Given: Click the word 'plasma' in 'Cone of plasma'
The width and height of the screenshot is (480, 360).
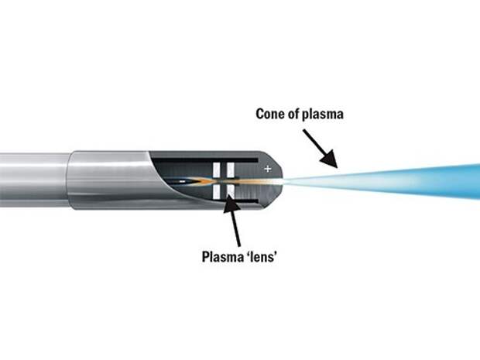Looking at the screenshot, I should (x=324, y=114).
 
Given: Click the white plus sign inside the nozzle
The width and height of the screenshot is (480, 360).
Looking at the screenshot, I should (x=268, y=168).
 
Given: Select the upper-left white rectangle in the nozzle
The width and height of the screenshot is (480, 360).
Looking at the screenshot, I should (x=218, y=169).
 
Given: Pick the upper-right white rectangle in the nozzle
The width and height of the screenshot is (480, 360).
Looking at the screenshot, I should (x=230, y=169).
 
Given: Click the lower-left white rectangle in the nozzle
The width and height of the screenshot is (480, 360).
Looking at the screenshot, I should (x=218, y=194).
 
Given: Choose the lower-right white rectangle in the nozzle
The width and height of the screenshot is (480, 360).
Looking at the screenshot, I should (x=230, y=194).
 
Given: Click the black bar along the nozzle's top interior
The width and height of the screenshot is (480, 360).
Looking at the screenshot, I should (x=232, y=158).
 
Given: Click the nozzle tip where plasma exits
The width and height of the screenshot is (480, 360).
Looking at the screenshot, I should (x=283, y=180).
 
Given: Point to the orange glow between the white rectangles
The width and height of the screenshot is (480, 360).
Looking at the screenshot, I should (x=225, y=181).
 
